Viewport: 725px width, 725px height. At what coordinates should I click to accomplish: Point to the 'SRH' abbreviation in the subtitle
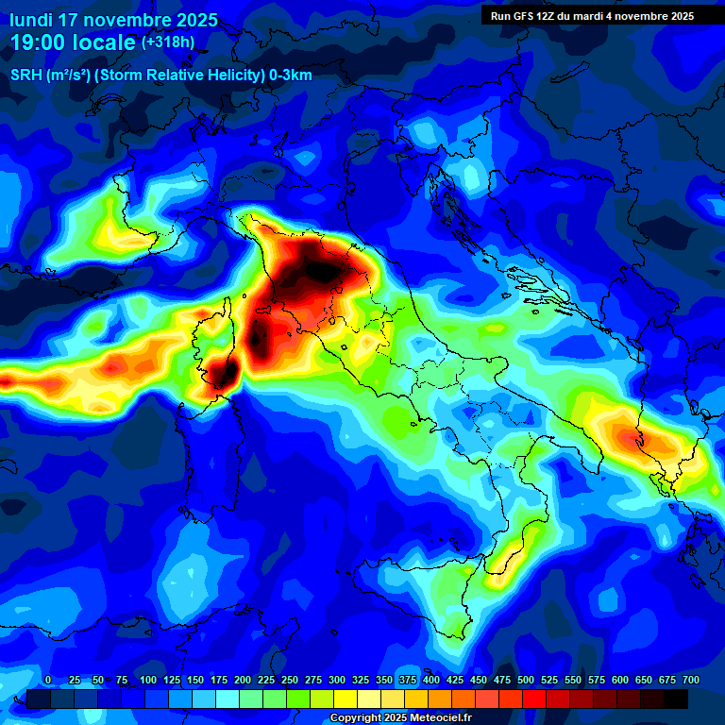coord(25,76)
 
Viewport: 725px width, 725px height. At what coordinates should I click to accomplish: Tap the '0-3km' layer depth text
coord(290,76)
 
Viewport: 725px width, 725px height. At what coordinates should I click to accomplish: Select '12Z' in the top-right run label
coord(552,16)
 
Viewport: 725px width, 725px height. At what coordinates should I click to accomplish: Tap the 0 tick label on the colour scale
coord(48,681)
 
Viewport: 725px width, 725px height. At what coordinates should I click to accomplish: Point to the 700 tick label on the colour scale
coord(691,681)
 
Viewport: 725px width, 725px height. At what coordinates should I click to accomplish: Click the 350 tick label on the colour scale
coord(384,681)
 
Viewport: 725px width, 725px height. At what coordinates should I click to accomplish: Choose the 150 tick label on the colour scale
coord(195,681)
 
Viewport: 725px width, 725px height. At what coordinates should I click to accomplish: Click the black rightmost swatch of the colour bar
coord(676,700)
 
